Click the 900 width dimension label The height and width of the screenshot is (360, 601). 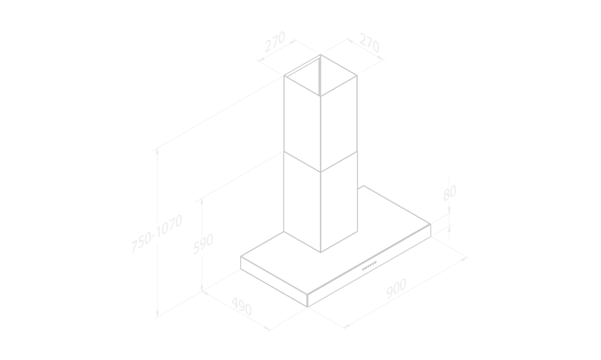coord(396,288)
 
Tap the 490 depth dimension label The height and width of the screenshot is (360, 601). coord(242,306)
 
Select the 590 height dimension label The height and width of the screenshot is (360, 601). coord(203,243)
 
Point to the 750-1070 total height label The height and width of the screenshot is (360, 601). coord(157,233)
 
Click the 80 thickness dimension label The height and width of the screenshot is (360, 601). coord(449,193)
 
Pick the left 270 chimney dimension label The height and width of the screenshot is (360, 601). coord(275,42)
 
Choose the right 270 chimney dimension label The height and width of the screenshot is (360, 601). coord(370,42)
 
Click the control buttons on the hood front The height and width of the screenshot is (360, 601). coord(370,266)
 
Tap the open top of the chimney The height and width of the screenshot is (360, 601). coord(321,76)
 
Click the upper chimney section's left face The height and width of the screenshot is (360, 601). coord(302,124)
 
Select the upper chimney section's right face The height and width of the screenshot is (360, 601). coord(339,124)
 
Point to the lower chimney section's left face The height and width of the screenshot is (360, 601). coord(302,202)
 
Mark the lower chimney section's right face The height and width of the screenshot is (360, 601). coord(339,202)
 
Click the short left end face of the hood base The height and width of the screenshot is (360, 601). coord(274,281)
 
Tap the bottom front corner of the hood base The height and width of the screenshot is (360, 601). coord(308,307)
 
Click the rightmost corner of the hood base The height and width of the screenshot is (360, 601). coord(430,224)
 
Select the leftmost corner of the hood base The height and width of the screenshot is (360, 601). coord(241,256)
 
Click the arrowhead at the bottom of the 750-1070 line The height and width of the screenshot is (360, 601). coord(157,315)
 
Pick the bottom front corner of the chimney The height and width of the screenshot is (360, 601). coord(321,252)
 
